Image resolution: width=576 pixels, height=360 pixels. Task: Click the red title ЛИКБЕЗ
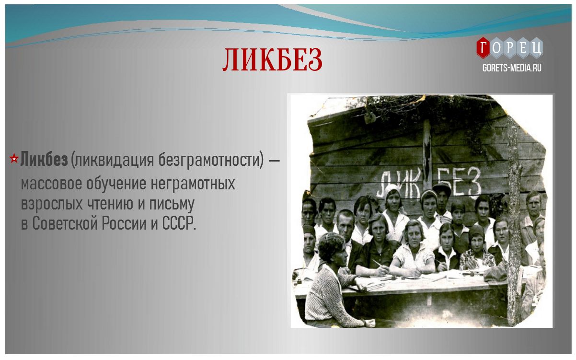click(x=272, y=59)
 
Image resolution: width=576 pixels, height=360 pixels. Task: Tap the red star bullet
click(x=14, y=159)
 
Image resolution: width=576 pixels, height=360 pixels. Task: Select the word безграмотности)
click(x=211, y=160)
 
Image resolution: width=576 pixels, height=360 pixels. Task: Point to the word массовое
click(x=52, y=184)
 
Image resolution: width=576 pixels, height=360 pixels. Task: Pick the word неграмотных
click(x=193, y=184)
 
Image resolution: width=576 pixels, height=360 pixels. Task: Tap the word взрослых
click(x=52, y=204)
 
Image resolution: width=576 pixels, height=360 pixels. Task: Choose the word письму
click(x=172, y=204)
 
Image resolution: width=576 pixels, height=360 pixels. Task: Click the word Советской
click(x=65, y=223)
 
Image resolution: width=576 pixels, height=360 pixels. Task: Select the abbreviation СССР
click(x=179, y=223)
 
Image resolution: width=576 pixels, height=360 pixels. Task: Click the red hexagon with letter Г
click(x=484, y=48)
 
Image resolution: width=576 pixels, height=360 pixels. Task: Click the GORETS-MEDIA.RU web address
click(x=512, y=68)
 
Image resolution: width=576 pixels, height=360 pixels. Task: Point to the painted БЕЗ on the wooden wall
click(x=460, y=182)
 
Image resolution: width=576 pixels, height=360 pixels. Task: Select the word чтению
click(x=110, y=204)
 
